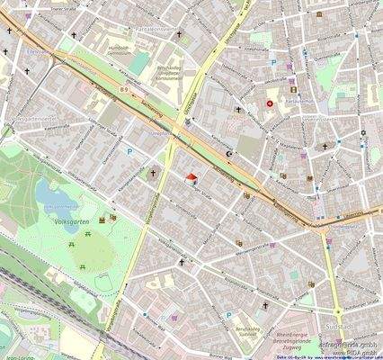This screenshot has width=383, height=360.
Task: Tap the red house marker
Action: tap(191, 178)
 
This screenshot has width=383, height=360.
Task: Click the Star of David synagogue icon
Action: tap(362, 133)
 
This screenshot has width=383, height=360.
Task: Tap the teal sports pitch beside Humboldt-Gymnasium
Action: tap(137, 65)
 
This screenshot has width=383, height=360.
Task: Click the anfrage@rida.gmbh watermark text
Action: tap(350, 337)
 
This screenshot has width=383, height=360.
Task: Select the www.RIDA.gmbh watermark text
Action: tap(354, 348)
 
